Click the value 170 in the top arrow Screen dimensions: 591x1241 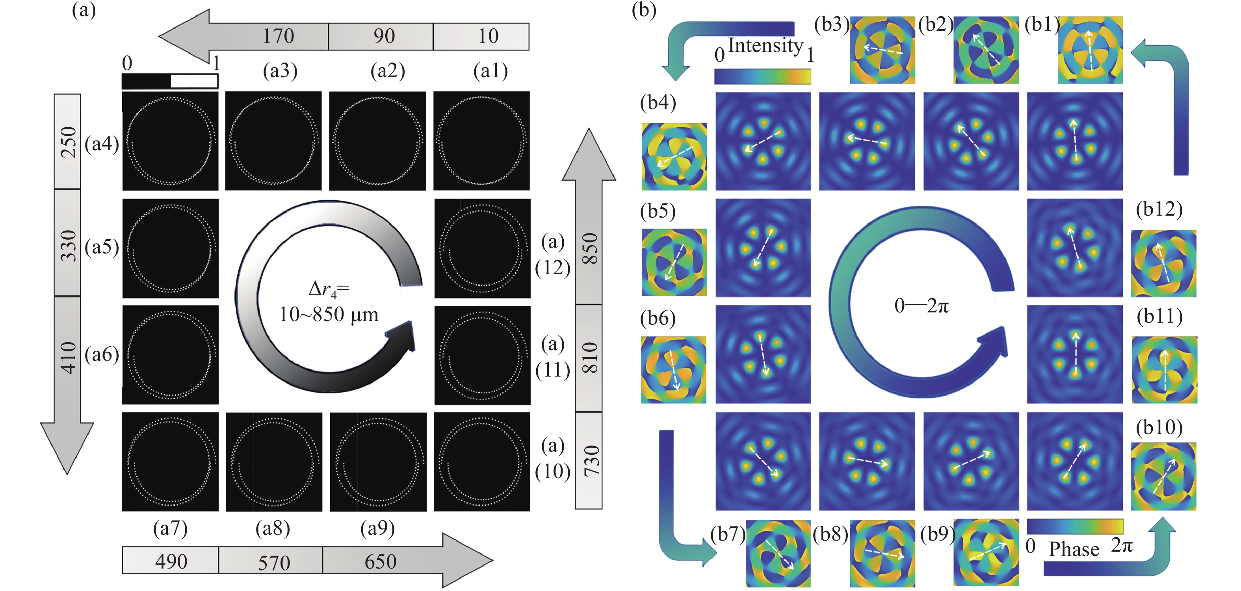click(278, 36)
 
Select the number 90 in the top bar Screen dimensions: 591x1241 click(384, 36)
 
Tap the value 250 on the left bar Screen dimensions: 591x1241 click(68, 142)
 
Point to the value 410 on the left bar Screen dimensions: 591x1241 click(68, 358)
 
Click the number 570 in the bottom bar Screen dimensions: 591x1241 click(274, 562)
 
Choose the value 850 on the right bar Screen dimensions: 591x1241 click(590, 248)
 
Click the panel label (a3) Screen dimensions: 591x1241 click(280, 71)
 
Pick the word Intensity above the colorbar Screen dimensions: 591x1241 click(765, 46)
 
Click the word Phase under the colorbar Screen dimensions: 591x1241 click(1074, 549)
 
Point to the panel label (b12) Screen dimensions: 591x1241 click(1159, 209)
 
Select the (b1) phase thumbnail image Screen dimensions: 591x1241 click(1090, 50)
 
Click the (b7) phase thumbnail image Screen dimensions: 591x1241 click(778, 554)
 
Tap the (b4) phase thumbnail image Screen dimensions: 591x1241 click(674, 157)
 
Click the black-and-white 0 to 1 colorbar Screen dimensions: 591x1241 click(169, 81)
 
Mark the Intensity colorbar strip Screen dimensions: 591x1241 click(762, 76)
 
